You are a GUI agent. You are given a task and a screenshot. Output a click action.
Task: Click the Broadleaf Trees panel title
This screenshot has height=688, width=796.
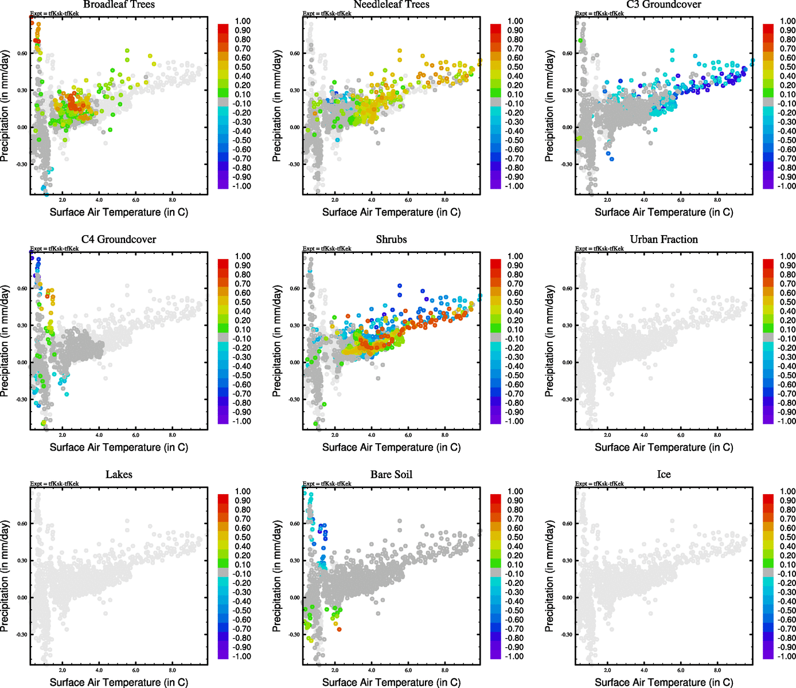point(119,5)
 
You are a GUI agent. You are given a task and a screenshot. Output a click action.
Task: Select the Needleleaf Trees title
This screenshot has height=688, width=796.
point(391,5)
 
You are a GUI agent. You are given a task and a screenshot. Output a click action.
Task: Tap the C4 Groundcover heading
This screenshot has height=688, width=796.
point(119,240)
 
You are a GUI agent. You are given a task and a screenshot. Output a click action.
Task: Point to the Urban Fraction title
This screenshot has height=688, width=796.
point(664,240)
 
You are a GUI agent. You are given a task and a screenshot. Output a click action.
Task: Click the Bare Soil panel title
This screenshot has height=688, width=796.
point(391,475)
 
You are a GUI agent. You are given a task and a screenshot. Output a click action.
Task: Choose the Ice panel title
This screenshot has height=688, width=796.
point(664,475)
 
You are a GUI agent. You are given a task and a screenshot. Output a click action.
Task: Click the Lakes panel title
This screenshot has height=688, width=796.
point(119,475)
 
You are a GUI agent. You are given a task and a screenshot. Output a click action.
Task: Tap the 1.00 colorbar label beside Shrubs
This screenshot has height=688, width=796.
point(515,256)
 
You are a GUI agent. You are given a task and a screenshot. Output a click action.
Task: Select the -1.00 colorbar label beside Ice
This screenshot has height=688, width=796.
point(786,656)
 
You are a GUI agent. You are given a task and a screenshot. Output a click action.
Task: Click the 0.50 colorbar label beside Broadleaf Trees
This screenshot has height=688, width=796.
point(243,67)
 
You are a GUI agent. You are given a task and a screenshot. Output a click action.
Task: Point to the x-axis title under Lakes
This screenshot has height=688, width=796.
point(119,682)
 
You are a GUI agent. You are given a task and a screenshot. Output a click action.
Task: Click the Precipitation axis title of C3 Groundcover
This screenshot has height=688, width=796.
point(549,105)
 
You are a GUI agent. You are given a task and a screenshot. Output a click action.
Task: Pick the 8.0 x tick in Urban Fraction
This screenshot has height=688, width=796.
point(717,435)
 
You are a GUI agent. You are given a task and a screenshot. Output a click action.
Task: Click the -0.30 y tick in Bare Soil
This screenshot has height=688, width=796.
point(293,635)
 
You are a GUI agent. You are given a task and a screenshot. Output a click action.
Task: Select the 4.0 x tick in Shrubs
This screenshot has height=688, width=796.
point(372,435)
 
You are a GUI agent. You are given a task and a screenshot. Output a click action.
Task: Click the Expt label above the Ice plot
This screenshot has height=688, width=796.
point(599,484)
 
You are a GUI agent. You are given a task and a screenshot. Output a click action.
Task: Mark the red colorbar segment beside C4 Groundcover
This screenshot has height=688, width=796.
point(223,264)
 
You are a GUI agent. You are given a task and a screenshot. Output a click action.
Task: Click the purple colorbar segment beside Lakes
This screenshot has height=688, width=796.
point(223,654)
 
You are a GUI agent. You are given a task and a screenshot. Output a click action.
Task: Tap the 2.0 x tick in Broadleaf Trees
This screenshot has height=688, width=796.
point(63,200)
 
